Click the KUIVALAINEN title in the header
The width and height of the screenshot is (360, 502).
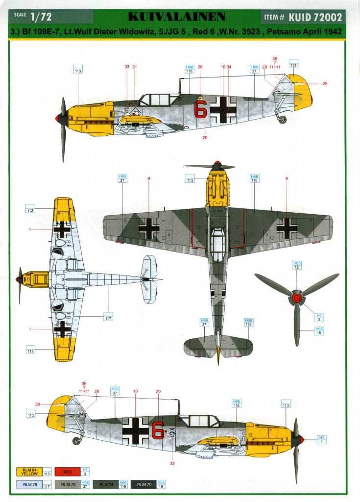176,17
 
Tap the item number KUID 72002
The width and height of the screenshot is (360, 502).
315,17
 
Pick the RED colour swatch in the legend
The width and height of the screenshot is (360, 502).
68,472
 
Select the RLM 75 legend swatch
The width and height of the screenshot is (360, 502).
71,485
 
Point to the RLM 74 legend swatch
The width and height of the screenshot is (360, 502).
106,485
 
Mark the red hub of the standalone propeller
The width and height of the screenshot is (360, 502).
296,297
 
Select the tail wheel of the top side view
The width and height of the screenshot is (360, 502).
282,119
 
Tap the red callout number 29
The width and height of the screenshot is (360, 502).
324,83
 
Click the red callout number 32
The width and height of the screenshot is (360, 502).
172,463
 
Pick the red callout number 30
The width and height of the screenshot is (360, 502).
38,404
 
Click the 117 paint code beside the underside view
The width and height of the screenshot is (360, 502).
108,318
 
